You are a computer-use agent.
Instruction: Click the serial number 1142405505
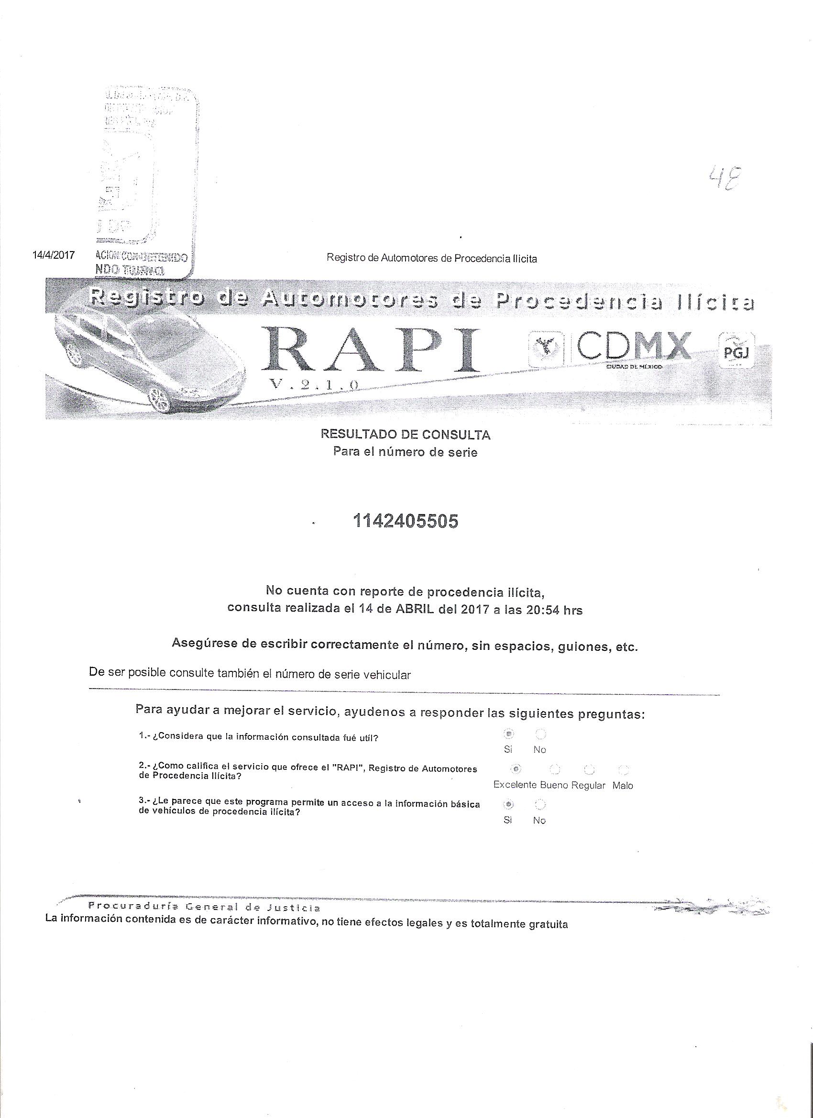tap(405, 521)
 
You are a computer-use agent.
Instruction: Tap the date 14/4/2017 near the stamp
tap(53, 255)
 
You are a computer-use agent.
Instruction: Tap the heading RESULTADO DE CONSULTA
tap(405, 435)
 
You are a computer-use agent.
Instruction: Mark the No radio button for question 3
tap(540, 804)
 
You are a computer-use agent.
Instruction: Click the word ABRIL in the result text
tap(414, 610)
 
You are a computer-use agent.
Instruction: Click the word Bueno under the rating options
tap(554, 785)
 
